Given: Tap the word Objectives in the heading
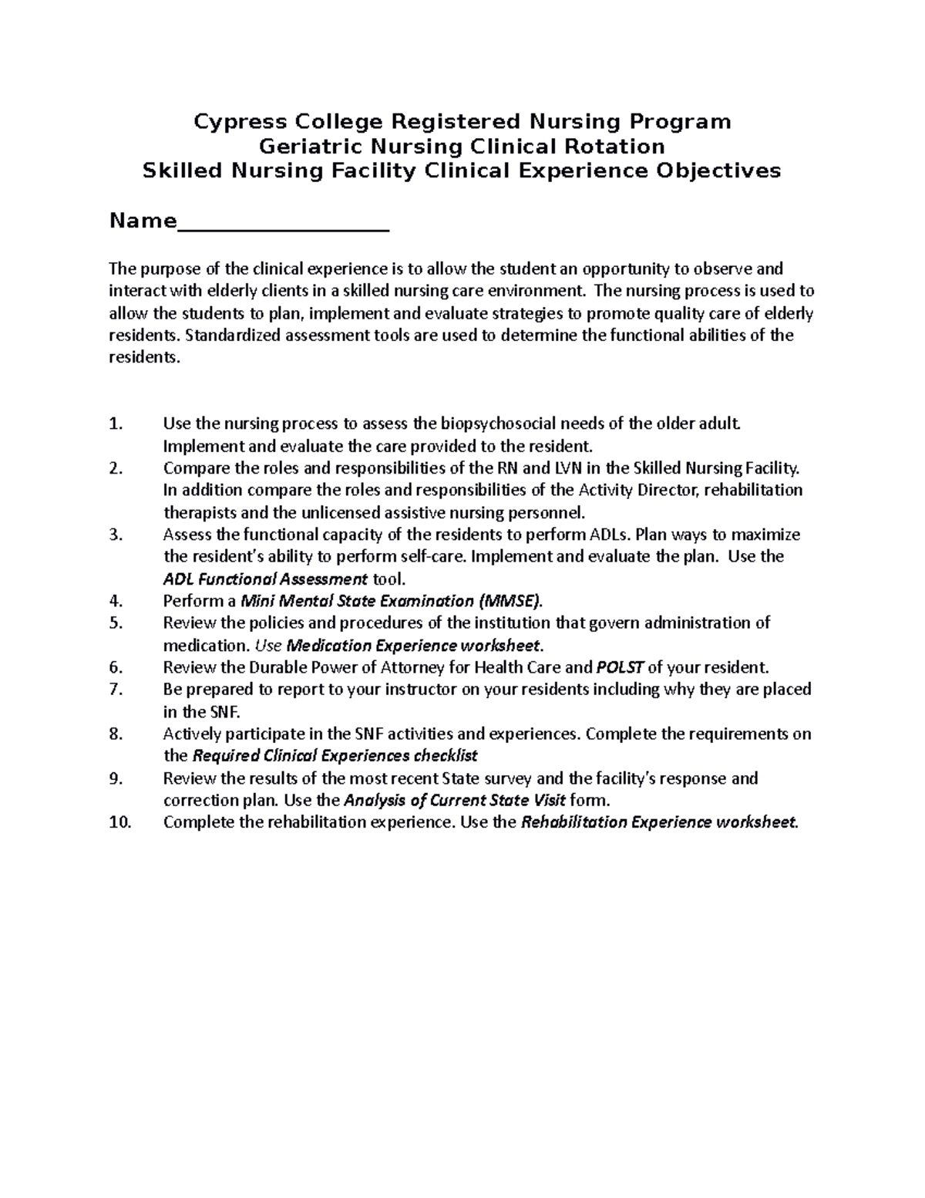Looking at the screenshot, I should pyautogui.click(x=718, y=170).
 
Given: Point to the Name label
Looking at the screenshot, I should pyautogui.click(x=143, y=221).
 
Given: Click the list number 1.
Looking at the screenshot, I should pyautogui.click(x=116, y=424).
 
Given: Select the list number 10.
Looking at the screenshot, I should pyautogui.click(x=120, y=822).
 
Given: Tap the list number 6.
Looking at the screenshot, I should pyautogui.click(x=116, y=667).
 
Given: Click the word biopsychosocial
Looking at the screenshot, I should pyautogui.click(x=497, y=424).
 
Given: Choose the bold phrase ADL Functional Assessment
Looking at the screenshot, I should pyautogui.click(x=265, y=579).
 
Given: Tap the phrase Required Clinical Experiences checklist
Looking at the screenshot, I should pyautogui.click(x=335, y=756).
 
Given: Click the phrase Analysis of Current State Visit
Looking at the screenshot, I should pyautogui.click(x=455, y=800).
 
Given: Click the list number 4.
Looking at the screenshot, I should pyautogui.click(x=116, y=601).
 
